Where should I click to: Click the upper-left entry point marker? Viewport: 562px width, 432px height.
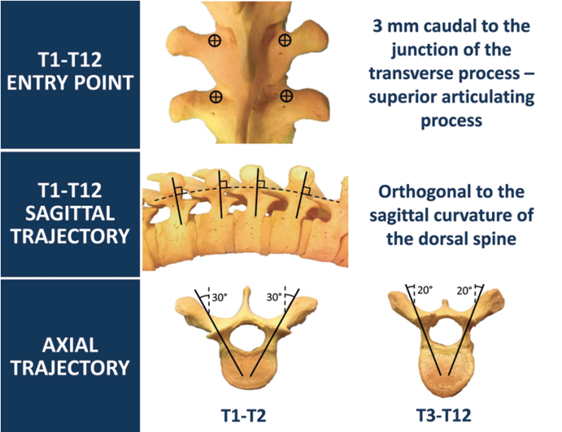213,42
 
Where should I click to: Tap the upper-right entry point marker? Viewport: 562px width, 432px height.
285,42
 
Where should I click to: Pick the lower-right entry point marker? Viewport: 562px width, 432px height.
286,96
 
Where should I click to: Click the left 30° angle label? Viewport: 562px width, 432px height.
220,297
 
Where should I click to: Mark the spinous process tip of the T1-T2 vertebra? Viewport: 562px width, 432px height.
246,292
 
